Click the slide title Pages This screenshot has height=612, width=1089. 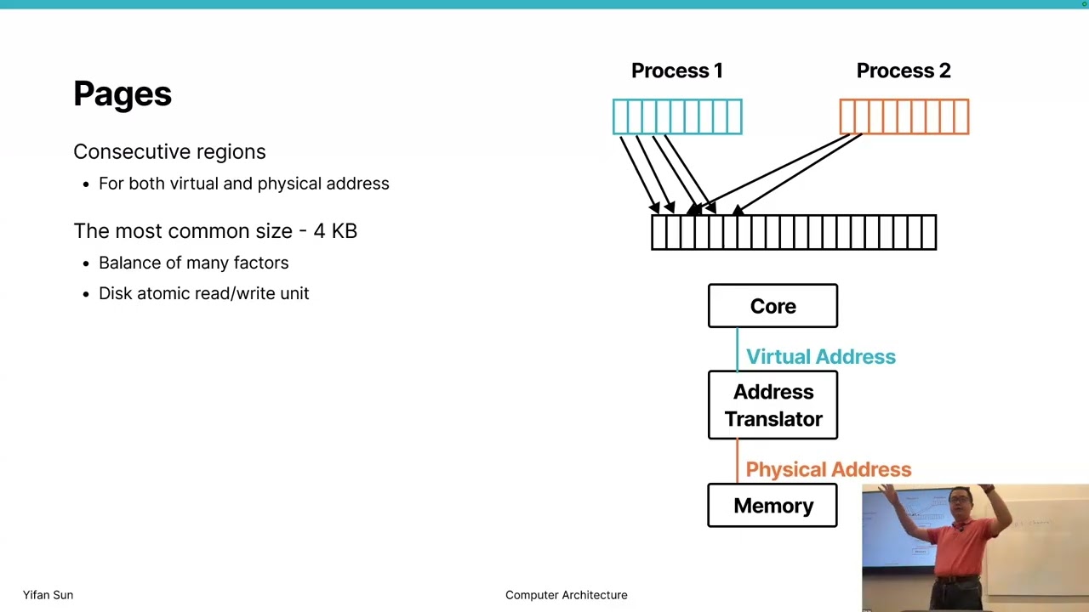(x=123, y=93)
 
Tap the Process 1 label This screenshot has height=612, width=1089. (x=676, y=71)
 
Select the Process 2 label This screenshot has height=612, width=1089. (x=903, y=71)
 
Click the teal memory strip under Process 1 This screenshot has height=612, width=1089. (x=677, y=116)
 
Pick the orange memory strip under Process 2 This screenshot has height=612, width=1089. (x=904, y=116)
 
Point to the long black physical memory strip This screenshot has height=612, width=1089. (x=793, y=232)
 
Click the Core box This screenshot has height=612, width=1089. (x=773, y=306)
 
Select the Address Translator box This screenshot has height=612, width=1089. (x=773, y=405)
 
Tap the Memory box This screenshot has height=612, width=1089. (x=773, y=506)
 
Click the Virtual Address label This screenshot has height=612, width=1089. (x=820, y=357)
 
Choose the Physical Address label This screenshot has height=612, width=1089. (x=828, y=469)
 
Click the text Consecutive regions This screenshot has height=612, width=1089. (x=169, y=151)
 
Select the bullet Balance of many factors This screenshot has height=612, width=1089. (x=193, y=263)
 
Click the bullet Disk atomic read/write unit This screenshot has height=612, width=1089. (x=203, y=293)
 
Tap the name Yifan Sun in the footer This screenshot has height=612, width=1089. (x=48, y=595)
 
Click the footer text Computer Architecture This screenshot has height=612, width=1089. (x=566, y=595)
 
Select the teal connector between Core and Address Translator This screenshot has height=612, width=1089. (x=737, y=348)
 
